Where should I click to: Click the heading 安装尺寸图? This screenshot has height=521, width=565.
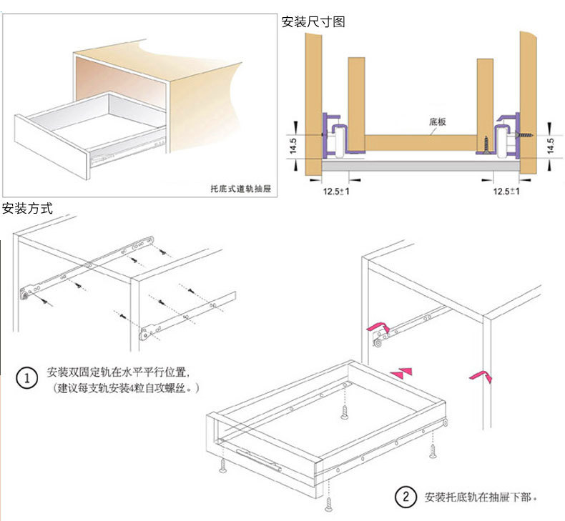(313, 22)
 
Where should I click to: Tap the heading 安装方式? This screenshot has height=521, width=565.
(27, 209)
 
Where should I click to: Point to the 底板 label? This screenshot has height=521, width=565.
(438, 122)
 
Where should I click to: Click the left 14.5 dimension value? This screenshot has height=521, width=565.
(293, 147)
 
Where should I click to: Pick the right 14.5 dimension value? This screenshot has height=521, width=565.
(550, 147)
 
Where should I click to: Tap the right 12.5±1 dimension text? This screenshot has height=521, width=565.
(506, 192)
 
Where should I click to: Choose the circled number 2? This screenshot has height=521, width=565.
(405, 496)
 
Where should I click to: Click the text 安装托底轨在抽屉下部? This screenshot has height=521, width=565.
(480, 497)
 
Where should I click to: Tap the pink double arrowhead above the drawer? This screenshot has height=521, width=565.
(402, 372)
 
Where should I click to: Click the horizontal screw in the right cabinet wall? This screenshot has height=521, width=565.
(526, 133)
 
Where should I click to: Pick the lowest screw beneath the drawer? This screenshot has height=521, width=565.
(330, 505)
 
